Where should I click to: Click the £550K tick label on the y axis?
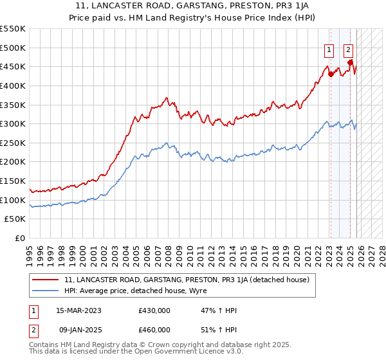pyautogui.click(x=13, y=29)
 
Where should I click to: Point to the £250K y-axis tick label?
pyautogui.click(x=13, y=143)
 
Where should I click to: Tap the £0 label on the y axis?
pyautogui.click(x=21, y=238)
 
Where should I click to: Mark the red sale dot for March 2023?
pyautogui.click(x=331, y=74)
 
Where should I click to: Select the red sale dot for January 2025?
pyautogui.click(x=351, y=62)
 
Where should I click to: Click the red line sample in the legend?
pyautogui.click(x=46, y=280)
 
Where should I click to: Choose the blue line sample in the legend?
pyautogui.click(x=46, y=290)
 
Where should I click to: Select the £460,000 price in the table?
pyautogui.click(x=154, y=329)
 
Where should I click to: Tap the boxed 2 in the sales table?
pyautogui.click(x=33, y=329)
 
